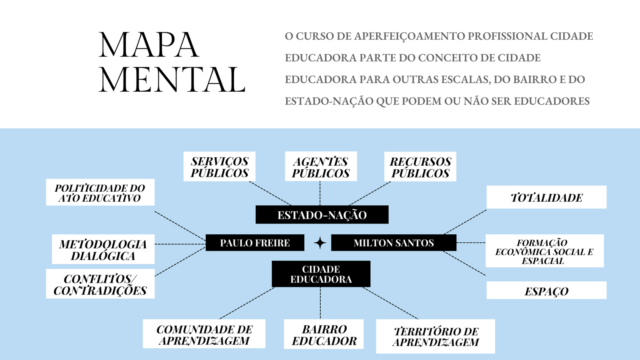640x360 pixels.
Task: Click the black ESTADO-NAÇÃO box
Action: [322, 215]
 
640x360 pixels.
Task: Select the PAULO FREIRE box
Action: [255, 243]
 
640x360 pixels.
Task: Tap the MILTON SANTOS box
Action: [394, 243]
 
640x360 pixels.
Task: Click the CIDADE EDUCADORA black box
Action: [321, 274]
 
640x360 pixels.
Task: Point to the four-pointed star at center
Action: [320, 243]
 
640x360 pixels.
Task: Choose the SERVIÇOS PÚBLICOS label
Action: [219, 167]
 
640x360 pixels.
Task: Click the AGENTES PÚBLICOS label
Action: [320, 167]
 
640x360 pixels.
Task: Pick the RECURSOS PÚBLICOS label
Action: [420, 167]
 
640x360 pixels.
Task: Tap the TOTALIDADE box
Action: [546, 197]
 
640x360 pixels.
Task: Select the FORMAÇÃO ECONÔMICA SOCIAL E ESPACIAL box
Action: [544, 251]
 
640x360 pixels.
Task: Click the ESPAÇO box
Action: [546, 291]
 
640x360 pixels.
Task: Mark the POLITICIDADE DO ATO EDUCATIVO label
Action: [100, 192]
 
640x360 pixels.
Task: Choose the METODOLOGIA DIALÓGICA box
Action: [103, 249]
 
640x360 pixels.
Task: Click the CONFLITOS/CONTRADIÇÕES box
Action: [100, 284]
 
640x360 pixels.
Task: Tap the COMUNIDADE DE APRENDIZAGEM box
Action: [204, 334]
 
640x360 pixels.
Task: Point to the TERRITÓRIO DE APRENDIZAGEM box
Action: [436, 336]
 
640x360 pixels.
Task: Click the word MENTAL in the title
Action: [172, 80]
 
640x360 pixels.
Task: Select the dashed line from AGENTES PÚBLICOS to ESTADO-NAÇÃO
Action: [320, 193]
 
